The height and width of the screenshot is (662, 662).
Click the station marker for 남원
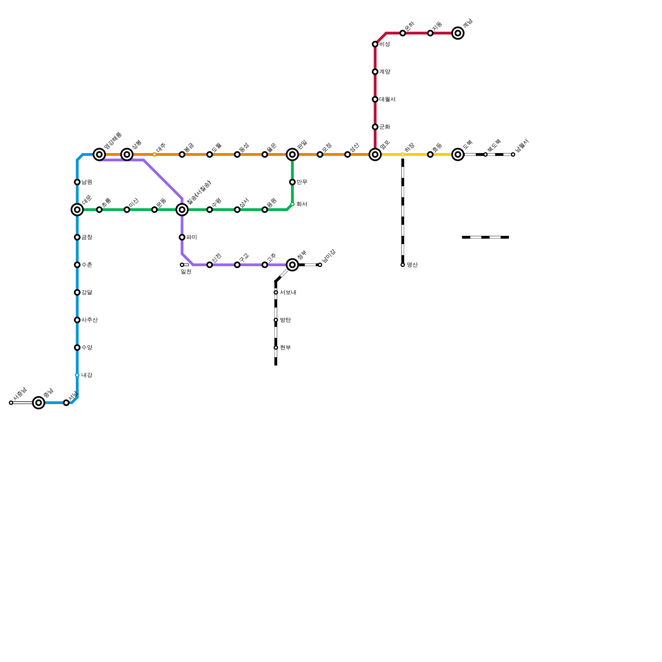(x=77, y=182)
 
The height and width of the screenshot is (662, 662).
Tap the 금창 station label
(x=86, y=237)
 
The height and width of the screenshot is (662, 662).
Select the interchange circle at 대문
(x=77, y=210)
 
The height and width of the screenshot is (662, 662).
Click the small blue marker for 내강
(x=77, y=375)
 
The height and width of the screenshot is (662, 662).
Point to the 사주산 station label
(x=89, y=320)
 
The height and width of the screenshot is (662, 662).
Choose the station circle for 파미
(x=182, y=237)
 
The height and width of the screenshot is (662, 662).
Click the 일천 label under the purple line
(x=186, y=272)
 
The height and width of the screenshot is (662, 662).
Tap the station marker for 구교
(x=237, y=265)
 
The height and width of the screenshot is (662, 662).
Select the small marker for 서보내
(x=276, y=293)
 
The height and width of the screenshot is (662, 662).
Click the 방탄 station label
(x=285, y=320)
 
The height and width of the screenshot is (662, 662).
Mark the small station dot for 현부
(x=276, y=348)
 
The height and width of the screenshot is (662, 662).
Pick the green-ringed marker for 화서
(x=293, y=204)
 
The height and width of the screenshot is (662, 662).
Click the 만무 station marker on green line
(x=293, y=182)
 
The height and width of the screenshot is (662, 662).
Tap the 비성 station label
(x=384, y=44)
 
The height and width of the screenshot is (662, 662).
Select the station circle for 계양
(x=375, y=72)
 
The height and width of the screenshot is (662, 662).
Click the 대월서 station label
(x=387, y=99)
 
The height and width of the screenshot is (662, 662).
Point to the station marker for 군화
(x=375, y=127)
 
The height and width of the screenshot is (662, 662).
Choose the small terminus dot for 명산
(x=403, y=265)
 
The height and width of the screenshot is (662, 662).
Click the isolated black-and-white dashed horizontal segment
(x=485, y=237)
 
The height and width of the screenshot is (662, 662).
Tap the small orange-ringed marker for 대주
(x=154, y=155)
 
